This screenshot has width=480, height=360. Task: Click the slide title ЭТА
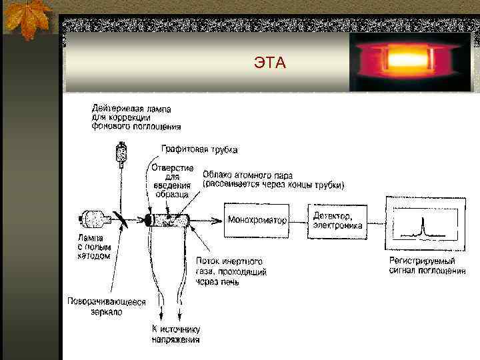[269, 63]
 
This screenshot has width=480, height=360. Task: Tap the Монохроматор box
[257, 219]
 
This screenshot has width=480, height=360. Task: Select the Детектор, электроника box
[338, 219]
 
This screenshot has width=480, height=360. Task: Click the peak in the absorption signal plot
[421, 228]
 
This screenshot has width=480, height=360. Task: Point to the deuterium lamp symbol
[121, 153]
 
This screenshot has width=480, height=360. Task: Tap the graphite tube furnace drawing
[170, 219]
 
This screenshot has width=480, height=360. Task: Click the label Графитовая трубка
[199, 149]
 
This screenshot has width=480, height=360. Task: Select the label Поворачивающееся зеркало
[106, 307]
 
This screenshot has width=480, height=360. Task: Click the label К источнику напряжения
[176, 334]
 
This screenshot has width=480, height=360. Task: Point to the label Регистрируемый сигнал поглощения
[427, 265]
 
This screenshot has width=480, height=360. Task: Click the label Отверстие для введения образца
[172, 180]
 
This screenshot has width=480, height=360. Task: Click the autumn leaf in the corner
[27, 20]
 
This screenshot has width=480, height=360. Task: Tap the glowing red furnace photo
[411, 62]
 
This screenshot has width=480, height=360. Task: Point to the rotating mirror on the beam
[121, 219]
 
